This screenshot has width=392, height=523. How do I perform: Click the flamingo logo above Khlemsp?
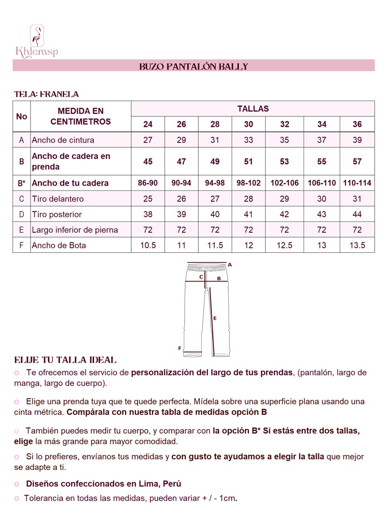[37, 36]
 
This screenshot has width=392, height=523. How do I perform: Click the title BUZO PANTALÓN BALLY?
[193, 66]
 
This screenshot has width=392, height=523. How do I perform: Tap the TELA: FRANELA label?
[46, 94]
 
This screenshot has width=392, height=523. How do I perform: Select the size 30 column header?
[248, 124]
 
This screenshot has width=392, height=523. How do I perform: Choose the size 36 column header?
[357, 124]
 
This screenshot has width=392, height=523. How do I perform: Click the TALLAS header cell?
[253, 109]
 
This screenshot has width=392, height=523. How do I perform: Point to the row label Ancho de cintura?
[63, 140]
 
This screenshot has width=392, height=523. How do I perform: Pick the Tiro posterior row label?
[57, 214]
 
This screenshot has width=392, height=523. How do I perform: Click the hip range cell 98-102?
[248, 183]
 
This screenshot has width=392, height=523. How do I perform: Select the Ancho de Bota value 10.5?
[148, 245]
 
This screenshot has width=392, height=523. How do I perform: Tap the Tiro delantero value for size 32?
[284, 199]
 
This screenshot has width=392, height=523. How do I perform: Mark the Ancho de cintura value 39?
[357, 140]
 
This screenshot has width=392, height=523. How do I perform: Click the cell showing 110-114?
[357, 183]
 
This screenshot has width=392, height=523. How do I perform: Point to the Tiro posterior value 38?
[148, 214]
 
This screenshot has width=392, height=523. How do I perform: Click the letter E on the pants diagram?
[215, 318]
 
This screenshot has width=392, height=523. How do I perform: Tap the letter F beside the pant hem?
[179, 348]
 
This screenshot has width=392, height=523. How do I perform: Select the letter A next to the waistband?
[230, 265]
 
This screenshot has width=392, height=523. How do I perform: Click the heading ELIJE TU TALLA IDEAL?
[65, 360]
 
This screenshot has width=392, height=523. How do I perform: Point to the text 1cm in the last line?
[229, 498]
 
